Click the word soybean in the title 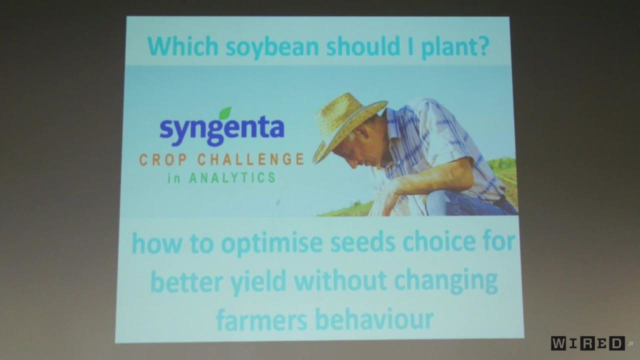pyautogui.click(x=272, y=47)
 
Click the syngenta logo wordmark pyautogui.click(x=222, y=130)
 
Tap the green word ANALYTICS pyautogui.click(x=232, y=178)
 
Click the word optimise pyautogui.click(x=272, y=243)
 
